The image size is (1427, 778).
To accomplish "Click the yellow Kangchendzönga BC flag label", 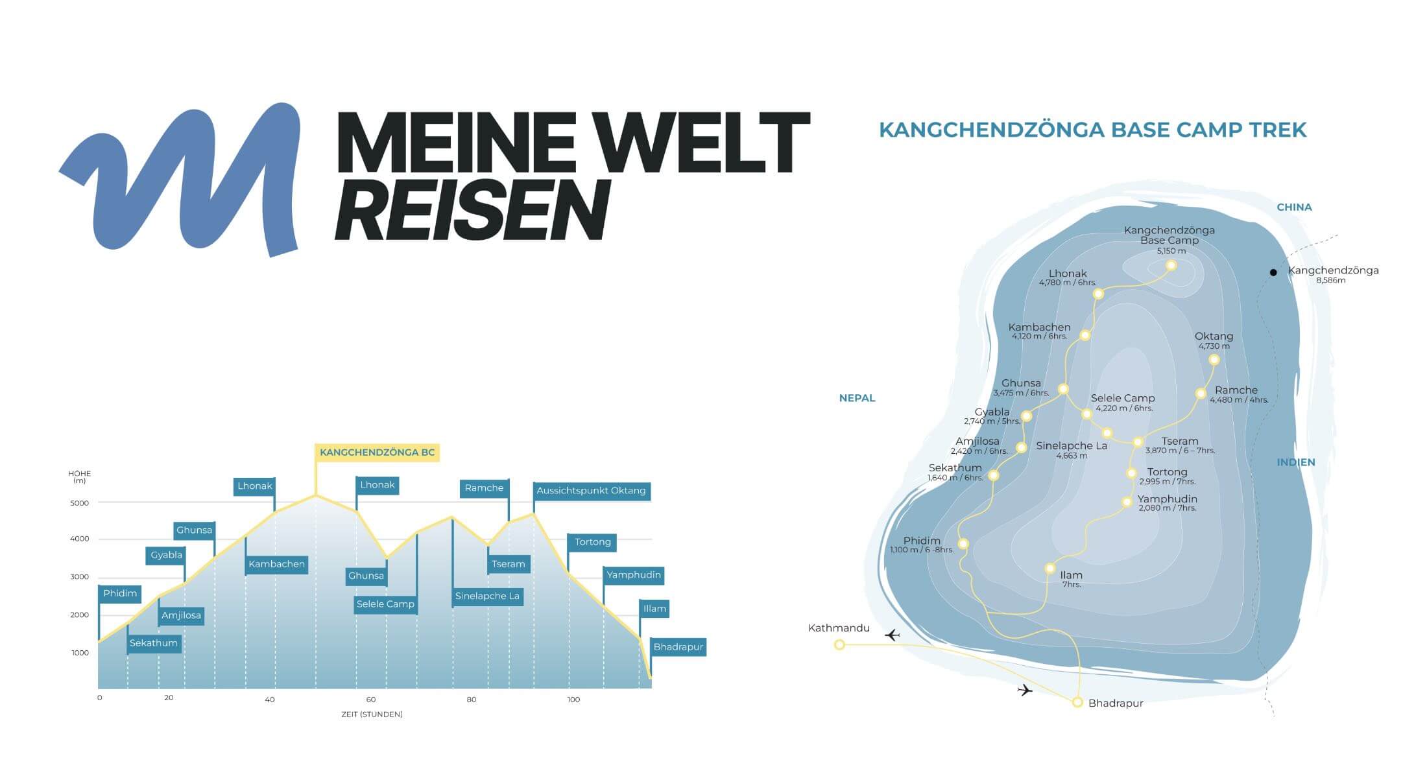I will tap(377, 453).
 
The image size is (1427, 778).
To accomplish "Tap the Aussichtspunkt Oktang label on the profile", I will tap(591, 491).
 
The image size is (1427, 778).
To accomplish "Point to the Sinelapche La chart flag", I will tap(487, 596).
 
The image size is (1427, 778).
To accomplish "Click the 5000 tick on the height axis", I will tap(80, 503).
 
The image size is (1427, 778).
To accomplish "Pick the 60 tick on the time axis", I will tap(371, 700).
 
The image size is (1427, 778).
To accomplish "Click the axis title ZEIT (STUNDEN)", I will tap(372, 714).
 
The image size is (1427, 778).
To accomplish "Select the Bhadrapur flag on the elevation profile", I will tap(678, 647).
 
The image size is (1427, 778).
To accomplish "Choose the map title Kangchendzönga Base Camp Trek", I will tap(1092, 130).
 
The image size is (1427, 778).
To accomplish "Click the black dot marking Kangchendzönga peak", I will tap(1273, 272).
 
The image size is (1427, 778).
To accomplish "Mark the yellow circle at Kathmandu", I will tap(839, 644).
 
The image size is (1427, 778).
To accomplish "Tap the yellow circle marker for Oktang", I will tap(1214, 360).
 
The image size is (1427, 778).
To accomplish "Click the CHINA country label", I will tap(1294, 207).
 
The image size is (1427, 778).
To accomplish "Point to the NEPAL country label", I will tap(857, 398).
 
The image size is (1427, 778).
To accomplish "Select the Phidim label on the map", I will tap(921, 541).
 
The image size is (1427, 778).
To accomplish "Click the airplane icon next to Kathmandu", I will tap(893, 635).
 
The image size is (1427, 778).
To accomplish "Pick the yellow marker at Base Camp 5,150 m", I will tap(1171, 265).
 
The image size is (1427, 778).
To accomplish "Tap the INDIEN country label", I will tap(1295, 462).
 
